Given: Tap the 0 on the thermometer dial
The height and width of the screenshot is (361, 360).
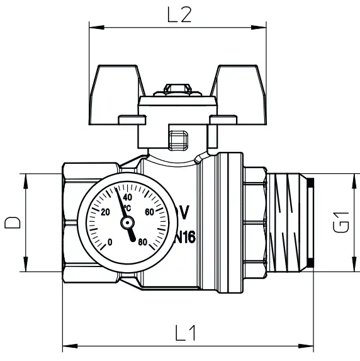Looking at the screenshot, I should [x=110, y=242].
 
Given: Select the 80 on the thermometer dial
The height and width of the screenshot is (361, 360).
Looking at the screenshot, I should [x=142, y=242].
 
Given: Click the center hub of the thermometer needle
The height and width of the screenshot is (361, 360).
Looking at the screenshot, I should [x=127, y=222].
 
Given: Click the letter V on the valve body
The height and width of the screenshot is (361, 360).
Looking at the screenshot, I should [x=184, y=212].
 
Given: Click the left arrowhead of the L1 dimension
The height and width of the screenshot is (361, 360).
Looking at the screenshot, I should [x=67, y=345].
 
